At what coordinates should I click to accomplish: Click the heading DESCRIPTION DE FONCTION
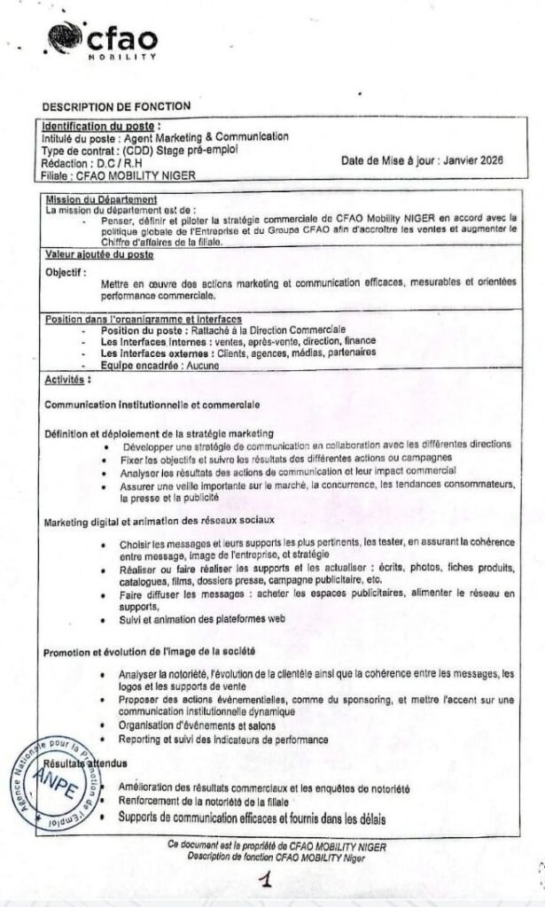[116, 107]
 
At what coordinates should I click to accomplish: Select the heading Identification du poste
[103, 126]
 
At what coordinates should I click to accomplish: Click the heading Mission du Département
[101, 199]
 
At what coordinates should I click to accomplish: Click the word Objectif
[66, 273]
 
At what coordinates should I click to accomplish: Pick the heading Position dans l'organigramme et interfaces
[144, 319]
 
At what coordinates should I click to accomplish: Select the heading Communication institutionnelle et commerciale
[152, 405]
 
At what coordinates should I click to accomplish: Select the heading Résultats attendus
[87, 763]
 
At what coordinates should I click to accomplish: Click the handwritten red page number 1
[264, 880]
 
